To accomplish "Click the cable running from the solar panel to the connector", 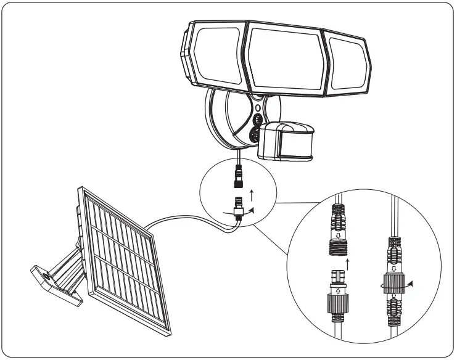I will [x=185, y=219].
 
